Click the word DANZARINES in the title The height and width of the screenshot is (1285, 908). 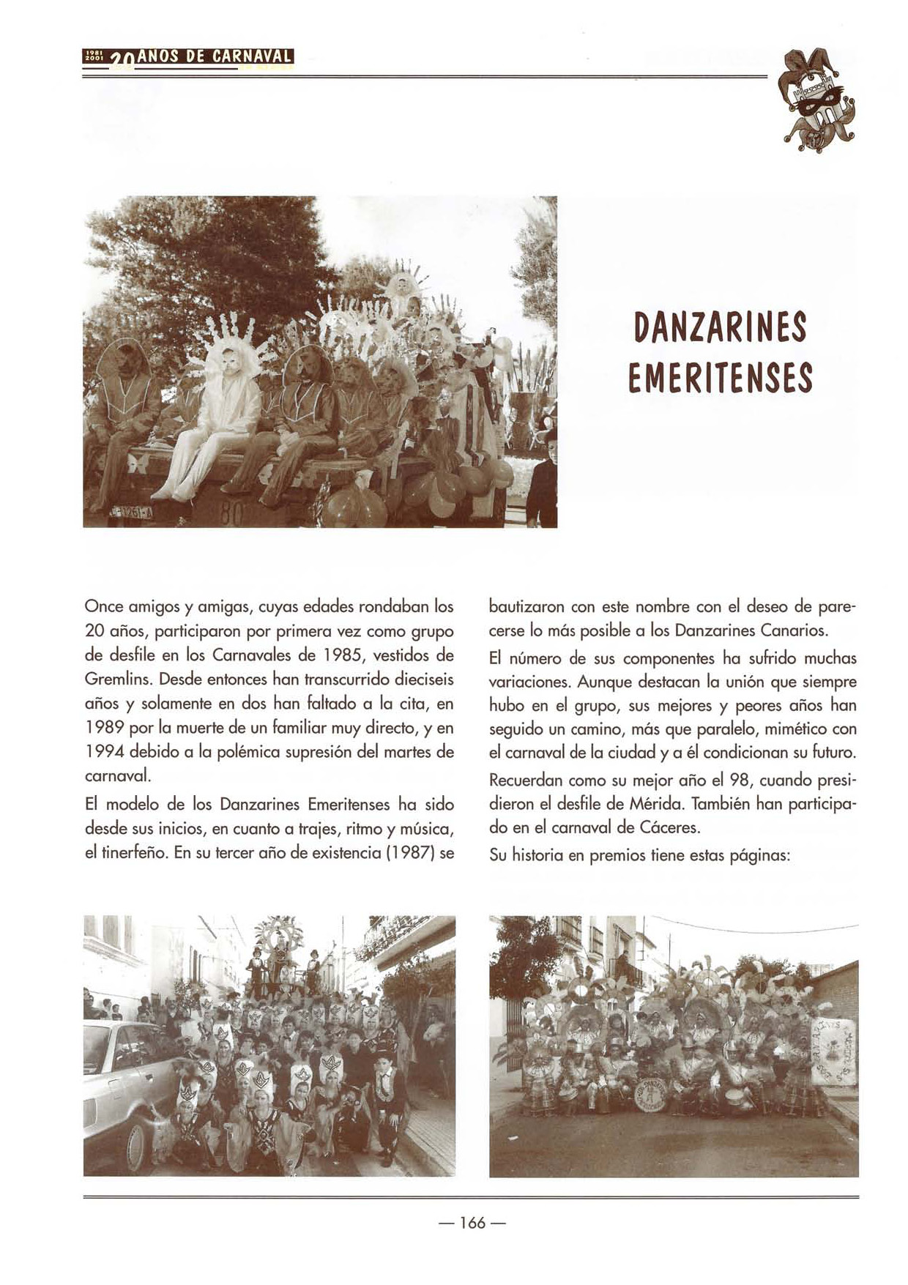(x=720, y=327)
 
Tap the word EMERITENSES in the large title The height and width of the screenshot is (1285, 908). (x=720, y=378)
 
